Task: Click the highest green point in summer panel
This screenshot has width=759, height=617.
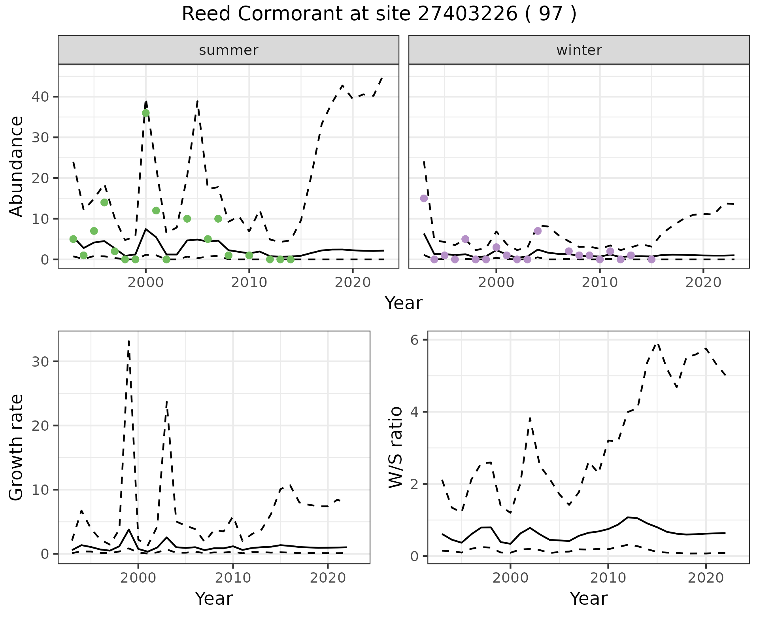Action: tap(145, 113)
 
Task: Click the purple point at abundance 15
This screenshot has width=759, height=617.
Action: tap(424, 198)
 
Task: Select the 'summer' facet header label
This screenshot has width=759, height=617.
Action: tap(228, 50)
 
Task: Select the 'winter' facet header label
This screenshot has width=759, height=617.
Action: tap(579, 50)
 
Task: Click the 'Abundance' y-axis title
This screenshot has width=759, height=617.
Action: tap(17, 166)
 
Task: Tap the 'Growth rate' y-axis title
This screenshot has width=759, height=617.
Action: tap(17, 447)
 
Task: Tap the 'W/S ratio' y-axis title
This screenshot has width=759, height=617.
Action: tap(395, 447)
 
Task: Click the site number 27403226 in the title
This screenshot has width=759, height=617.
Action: tap(467, 14)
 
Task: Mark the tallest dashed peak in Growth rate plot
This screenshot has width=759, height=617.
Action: tap(129, 341)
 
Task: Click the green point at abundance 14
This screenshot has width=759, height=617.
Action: tap(104, 203)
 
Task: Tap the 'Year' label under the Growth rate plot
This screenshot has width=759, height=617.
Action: tap(214, 599)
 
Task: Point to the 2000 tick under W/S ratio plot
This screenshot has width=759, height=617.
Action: tap(510, 578)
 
